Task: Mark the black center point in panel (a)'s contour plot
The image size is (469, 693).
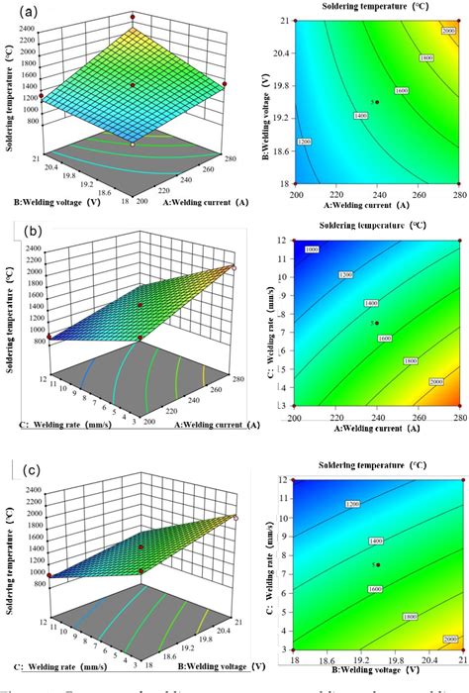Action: tap(375, 102)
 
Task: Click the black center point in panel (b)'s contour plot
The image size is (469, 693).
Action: tap(376, 323)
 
